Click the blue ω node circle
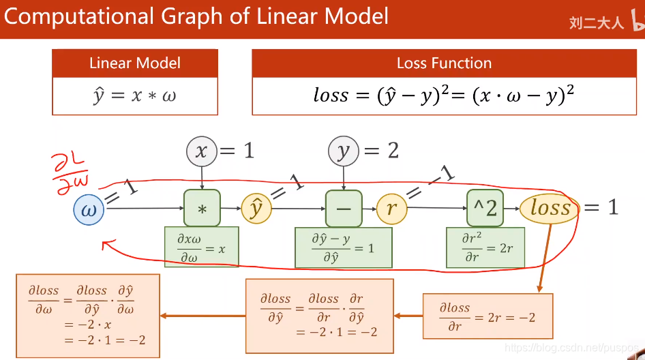pyautogui.click(x=89, y=209)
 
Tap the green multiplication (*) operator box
pyautogui.click(x=202, y=208)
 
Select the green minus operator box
pyautogui.click(x=344, y=208)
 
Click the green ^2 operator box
pyautogui.click(x=485, y=208)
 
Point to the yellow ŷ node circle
pyautogui.click(x=256, y=209)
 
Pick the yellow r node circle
pyautogui.click(x=391, y=209)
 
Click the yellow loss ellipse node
pyautogui.click(x=550, y=208)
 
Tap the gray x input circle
pyautogui.click(x=201, y=151)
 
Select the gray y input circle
pyautogui.click(x=344, y=151)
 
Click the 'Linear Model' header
pyautogui.click(x=135, y=63)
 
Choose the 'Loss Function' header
pyautogui.click(x=444, y=63)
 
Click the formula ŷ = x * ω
pyautogui.click(x=135, y=95)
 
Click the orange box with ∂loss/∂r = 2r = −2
pyautogui.click(x=487, y=316)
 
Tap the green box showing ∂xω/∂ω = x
pyautogui.click(x=202, y=247)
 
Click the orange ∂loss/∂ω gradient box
pyautogui.click(x=87, y=316)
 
